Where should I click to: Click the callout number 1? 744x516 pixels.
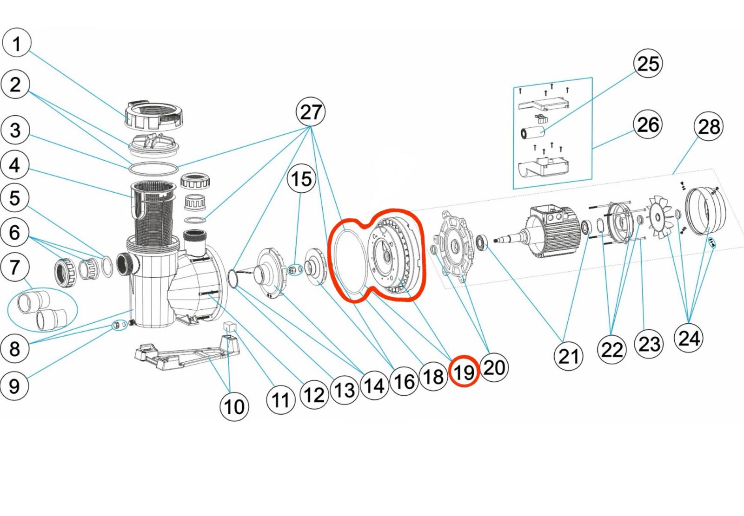pos(17,43)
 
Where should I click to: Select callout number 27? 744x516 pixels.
pos(311,112)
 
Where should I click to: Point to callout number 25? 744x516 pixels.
pos(648,64)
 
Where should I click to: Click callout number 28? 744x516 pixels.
pos(709,126)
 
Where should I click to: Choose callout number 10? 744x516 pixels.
pos(234,407)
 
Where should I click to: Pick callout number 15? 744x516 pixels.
pos(301,179)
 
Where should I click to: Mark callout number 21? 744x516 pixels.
pos(568,356)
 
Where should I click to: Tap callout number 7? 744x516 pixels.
pos(15,267)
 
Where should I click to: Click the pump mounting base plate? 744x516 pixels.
pos(186,355)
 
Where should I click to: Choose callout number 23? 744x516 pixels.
pos(649,344)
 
